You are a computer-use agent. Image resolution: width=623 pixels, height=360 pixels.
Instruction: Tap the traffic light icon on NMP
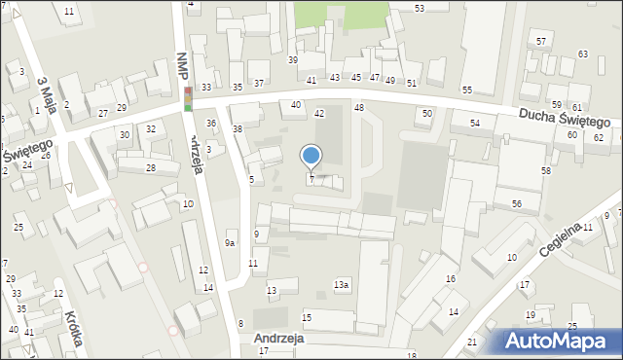click(188, 98)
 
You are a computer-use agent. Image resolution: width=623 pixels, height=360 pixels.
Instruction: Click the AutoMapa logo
click(556, 341)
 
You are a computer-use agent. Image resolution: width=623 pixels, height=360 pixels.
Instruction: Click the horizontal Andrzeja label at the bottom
click(278, 340)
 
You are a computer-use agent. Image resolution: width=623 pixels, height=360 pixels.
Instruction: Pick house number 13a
click(341, 285)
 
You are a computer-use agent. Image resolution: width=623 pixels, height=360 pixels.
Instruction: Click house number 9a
click(231, 243)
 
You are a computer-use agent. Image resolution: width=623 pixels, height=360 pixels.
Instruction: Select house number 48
click(359, 107)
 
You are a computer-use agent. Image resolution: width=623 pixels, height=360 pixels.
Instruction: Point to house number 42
click(319, 114)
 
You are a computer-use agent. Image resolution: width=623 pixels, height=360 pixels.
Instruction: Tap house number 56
click(517, 203)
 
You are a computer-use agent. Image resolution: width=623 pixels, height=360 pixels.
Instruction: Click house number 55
click(467, 90)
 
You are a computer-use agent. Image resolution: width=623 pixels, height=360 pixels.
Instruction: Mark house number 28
click(150, 168)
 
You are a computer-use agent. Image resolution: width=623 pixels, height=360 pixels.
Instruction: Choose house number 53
click(419, 8)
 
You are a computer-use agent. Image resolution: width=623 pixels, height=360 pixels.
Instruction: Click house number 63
click(582, 54)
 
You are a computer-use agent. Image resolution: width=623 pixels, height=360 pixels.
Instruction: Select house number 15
click(307, 318)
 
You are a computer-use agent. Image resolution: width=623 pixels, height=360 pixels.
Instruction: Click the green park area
click(341, 14)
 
